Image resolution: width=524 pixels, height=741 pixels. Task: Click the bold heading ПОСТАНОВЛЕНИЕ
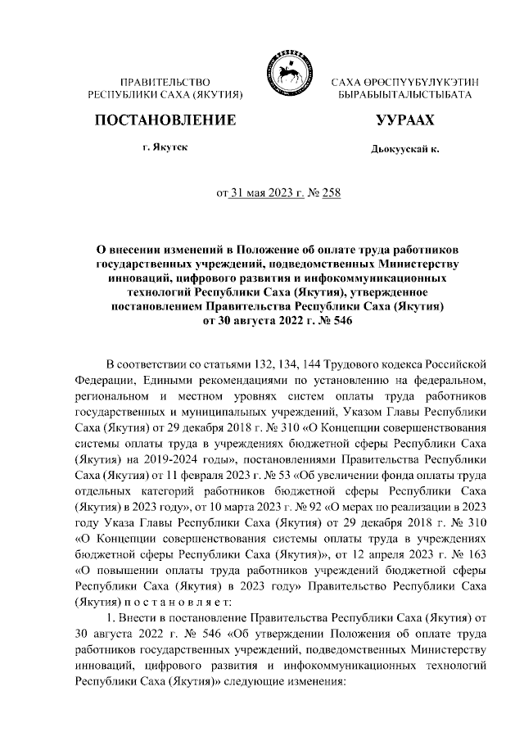166,121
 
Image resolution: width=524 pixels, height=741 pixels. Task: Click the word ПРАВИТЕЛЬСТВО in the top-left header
165,83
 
